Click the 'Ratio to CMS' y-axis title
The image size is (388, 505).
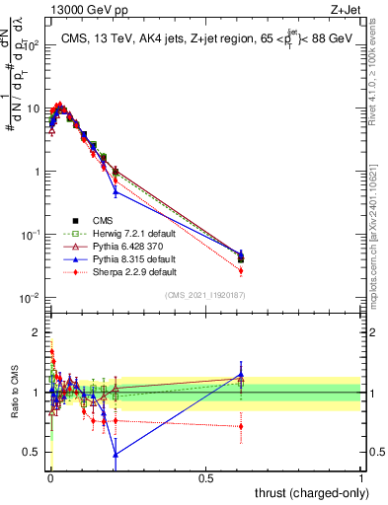click(15, 392)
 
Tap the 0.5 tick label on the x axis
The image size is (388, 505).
click(205, 476)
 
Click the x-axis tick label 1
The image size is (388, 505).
click(360, 476)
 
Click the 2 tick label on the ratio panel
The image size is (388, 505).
click(38, 332)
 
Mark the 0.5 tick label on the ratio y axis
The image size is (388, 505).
click(34, 452)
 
